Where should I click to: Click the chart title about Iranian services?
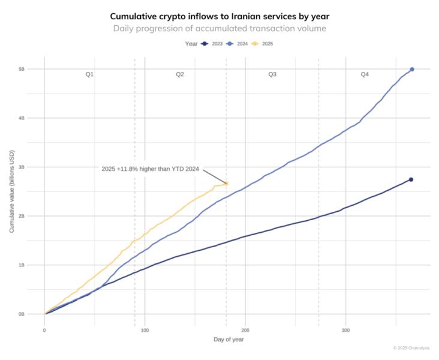coord(220,16)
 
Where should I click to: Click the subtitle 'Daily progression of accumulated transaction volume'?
coord(220,28)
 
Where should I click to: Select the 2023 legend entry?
coord(212,44)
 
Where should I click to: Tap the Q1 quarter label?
coord(89,74)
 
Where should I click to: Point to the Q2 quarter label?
coord(180,74)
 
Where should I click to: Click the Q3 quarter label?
coord(272,74)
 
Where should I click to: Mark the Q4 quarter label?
coord(365,74)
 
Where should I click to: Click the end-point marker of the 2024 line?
coord(411,70)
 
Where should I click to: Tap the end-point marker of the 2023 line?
coord(411,179)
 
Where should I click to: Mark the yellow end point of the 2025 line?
coord(226,183)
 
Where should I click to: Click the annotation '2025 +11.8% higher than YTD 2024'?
coord(151,169)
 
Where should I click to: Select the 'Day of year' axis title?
coord(228,340)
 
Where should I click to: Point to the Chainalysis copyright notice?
coord(412,347)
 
